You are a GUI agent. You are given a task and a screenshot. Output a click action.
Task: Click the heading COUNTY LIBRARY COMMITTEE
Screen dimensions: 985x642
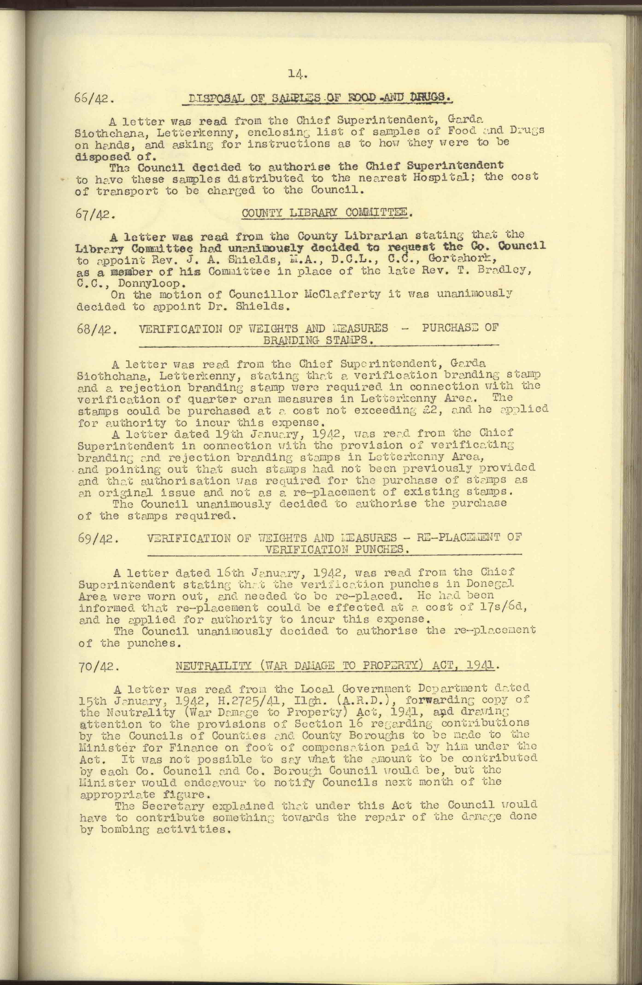point(327,214)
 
